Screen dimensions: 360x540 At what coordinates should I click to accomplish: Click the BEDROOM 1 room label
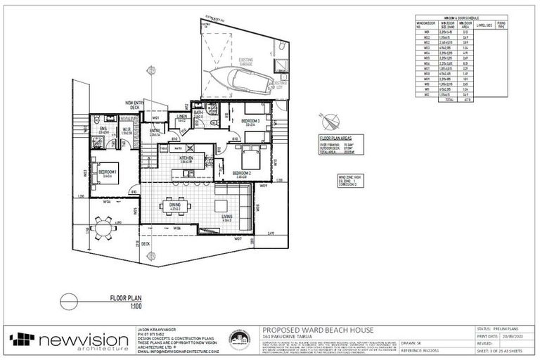pos(108,172)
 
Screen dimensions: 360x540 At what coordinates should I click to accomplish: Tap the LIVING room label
pos(227,217)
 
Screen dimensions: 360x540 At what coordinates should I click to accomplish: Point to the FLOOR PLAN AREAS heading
pos(335,139)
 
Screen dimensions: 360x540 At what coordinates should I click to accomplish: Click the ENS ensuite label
pos(103,129)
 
